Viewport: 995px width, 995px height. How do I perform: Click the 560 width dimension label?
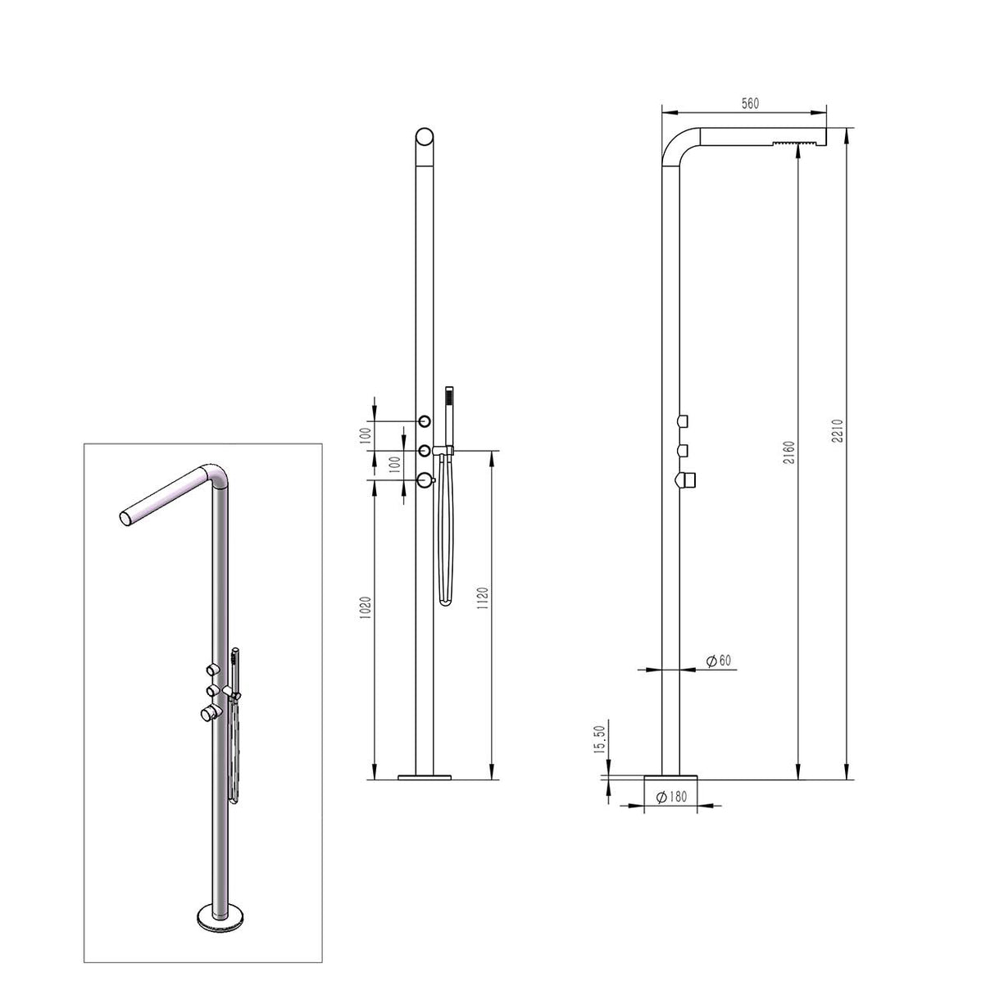click(750, 104)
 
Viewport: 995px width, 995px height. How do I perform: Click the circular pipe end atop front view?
click(425, 137)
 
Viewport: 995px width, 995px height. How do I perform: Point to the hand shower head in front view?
click(448, 399)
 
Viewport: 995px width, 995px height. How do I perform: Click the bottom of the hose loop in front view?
click(444, 603)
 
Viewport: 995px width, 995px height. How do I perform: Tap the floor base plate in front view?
click(425, 775)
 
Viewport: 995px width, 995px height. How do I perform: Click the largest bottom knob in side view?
click(684, 479)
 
